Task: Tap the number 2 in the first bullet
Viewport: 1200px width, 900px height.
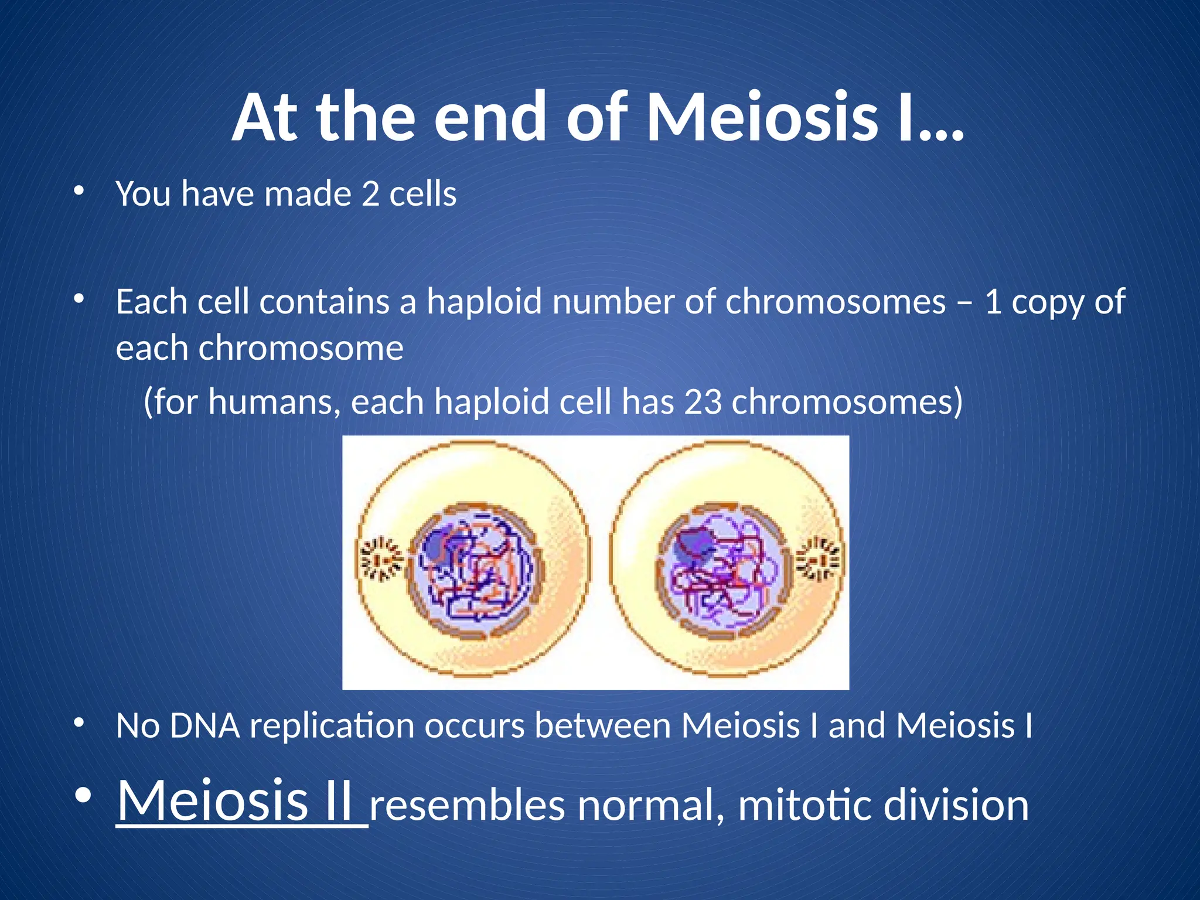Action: click(370, 194)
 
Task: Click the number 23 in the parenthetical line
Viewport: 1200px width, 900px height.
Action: click(703, 403)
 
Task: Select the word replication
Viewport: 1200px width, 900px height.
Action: click(332, 726)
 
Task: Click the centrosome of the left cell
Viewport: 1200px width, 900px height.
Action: click(381, 561)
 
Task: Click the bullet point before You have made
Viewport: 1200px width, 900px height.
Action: click(79, 191)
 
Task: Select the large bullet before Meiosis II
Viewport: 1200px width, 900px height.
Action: click(83, 796)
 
